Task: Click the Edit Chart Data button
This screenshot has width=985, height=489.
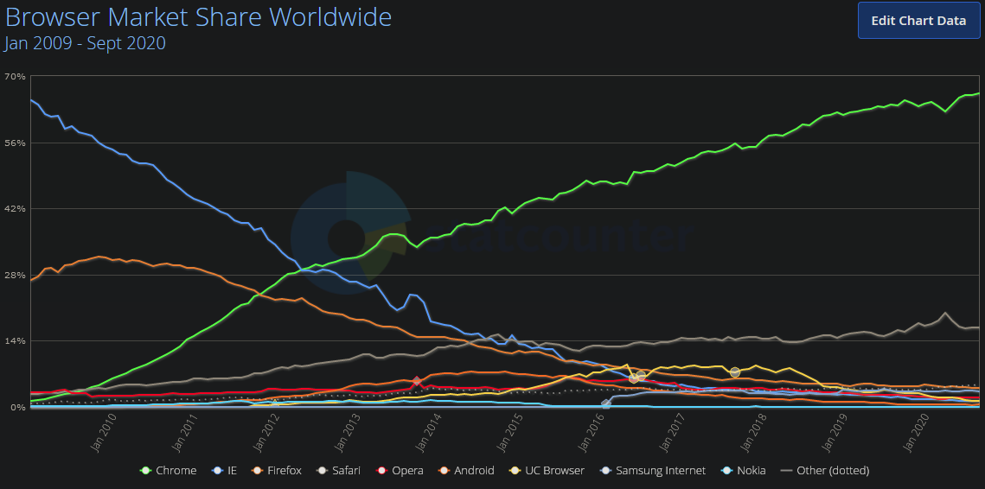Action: point(918,21)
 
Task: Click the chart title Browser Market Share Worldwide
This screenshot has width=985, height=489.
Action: point(198,16)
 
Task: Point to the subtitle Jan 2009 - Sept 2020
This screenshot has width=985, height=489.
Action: point(86,42)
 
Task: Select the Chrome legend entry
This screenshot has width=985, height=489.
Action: point(169,471)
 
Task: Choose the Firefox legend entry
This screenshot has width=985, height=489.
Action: point(276,471)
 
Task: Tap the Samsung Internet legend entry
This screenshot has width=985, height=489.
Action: point(654,471)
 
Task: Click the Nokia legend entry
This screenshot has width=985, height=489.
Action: point(744,471)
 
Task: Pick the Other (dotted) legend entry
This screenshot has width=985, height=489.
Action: point(825,471)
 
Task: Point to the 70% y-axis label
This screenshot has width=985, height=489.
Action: point(15,76)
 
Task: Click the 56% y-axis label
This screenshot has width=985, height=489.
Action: point(15,143)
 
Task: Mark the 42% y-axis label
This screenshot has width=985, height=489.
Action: point(15,208)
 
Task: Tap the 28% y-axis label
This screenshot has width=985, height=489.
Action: point(15,275)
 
